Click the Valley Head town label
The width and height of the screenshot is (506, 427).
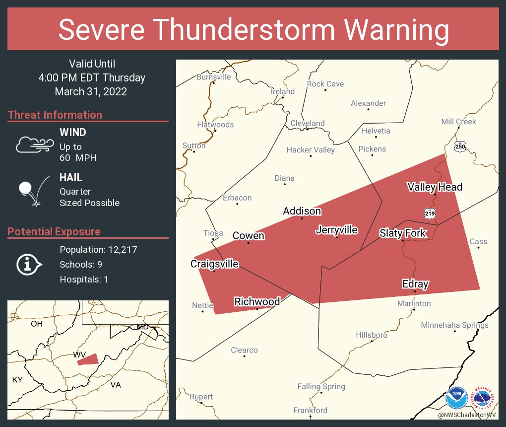(x=435, y=187)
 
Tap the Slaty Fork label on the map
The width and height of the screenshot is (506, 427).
(x=402, y=233)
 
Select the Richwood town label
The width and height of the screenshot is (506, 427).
(x=257, y=301)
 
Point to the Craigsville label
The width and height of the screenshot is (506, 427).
(x=214, y=264)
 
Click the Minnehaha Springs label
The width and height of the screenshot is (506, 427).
(x=454, y=325)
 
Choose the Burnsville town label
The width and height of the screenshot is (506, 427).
(x=214, y=77)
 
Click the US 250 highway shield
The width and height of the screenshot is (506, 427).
(x=460, y=146)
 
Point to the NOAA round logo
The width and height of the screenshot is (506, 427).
(x=457, y=398)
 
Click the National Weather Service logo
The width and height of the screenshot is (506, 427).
(x=484, y=398)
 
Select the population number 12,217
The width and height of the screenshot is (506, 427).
(x=119, y=249)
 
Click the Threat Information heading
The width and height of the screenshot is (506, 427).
(x=55, y=115)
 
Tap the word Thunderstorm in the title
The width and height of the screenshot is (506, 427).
(x=253, y=29)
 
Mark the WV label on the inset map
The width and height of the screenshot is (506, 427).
(x=79, y=355)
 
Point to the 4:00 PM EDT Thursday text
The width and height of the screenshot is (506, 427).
(x=92, y=77)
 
